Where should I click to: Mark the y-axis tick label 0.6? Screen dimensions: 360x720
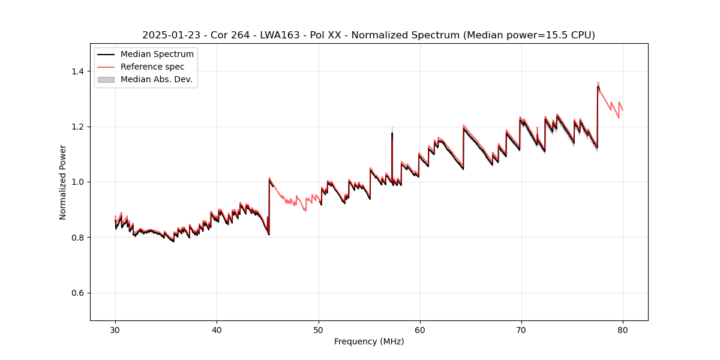click(77, 293)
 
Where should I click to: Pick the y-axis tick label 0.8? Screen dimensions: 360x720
click(77, 238)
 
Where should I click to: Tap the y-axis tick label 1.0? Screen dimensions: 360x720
click(77, 182)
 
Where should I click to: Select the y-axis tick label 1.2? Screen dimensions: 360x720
click(77, 127)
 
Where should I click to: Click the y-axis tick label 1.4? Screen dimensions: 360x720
click(77, 71)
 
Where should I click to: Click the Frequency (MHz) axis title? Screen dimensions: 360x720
click(369, 341)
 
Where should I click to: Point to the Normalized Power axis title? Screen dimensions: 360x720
click(63, 182)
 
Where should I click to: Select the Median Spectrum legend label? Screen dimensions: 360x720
click(157, 55)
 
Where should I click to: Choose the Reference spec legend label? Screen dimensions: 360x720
click(152, 67)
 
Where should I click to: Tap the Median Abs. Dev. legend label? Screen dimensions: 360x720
click(157, 79)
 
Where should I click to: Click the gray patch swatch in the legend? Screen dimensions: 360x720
click(106, 79)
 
